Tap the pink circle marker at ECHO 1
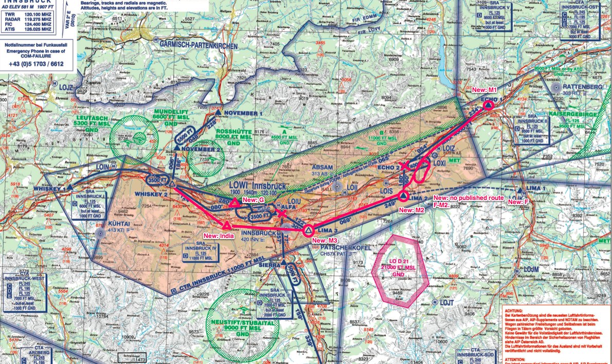click(488, 104)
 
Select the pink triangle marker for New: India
click(226, 225)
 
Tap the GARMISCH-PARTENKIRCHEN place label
click(199, 46)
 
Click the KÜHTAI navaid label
click(119, 224)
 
